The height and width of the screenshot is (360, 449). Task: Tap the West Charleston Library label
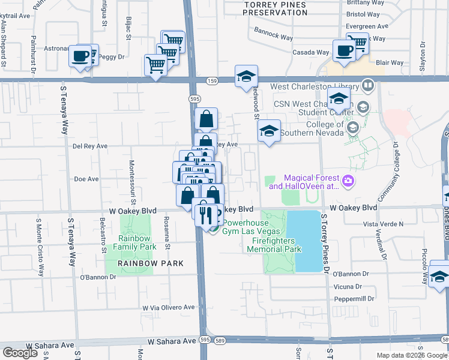(x=314, y=86)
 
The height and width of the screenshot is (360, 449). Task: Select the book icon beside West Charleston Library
(x=367, y=86)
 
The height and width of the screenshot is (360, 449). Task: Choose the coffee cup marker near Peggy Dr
(x=80, y=56)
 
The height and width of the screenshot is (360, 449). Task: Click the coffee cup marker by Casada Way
(x=344, y=50)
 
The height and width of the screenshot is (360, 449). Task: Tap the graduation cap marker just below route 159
(x=246, y=76)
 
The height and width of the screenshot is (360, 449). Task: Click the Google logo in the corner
(x=20, y=353)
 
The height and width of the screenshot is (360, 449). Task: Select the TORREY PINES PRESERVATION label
(x=275, y=8)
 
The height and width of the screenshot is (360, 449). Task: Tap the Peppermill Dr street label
(x=354, y=298)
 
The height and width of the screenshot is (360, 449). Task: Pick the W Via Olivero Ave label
(x=169, y=307)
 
